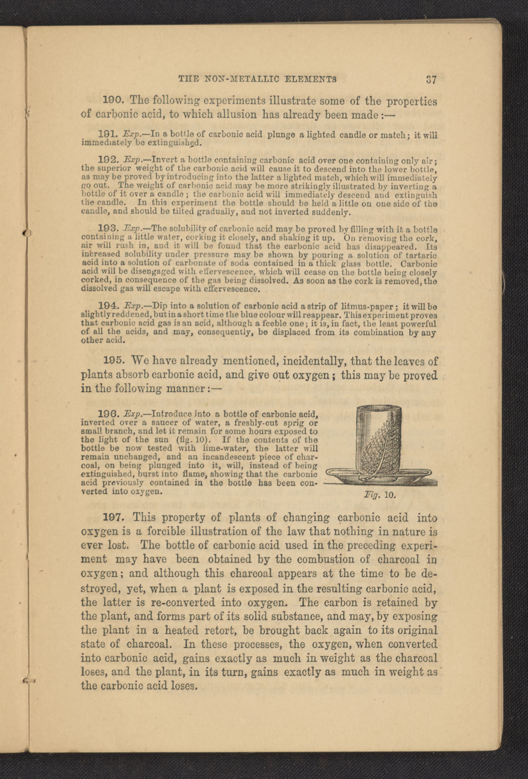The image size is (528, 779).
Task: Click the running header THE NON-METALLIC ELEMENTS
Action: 257,79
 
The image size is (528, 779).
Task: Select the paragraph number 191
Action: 106,135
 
